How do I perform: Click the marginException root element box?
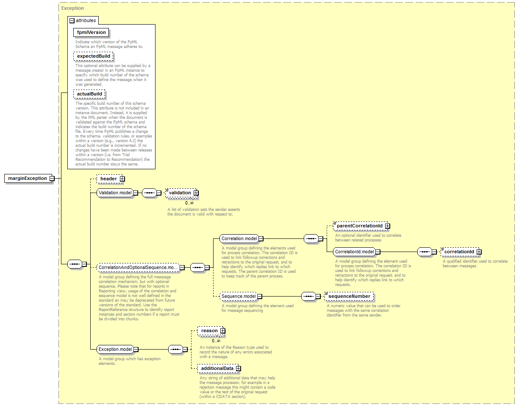[x=28, y=178]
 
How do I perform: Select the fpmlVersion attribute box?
[x=91, y=33]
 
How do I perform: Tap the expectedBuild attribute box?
[x=93, y=56]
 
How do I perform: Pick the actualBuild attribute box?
[x=89, y=94]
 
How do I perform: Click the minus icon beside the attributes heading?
[x=72, y=21]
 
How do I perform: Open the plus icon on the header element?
[x=122, y=179]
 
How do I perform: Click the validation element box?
[x=181, y=193]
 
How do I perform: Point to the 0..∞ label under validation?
[x=189, y=203]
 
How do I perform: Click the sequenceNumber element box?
[x=349, y=297]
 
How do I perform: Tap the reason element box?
[x=211, y=331]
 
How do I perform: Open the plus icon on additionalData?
[x=239, y=369]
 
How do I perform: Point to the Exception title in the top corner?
[x=72, y=8]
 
